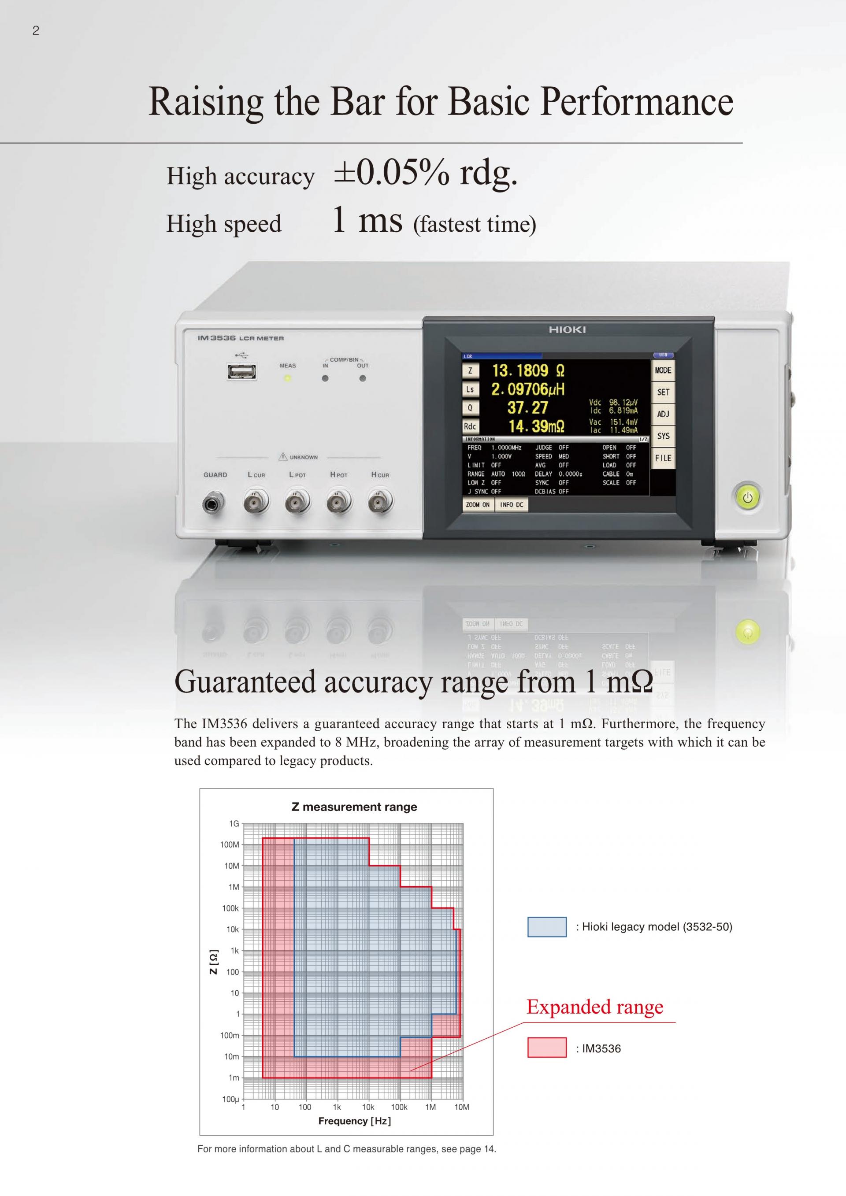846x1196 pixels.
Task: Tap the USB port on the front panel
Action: [241, 371]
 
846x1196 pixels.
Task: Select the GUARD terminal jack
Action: [214, 503]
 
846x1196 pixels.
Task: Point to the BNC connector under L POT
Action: [297, 502]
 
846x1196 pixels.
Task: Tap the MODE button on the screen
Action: [663, 370]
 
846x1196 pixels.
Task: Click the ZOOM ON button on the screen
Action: [478, 505]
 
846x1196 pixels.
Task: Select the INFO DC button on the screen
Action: [512, 505]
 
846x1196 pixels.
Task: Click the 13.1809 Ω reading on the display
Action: [528, 370]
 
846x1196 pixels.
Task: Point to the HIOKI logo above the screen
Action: [567, 330]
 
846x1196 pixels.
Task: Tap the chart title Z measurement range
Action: [354, 807]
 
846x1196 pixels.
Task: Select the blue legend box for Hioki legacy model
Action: [546, 927]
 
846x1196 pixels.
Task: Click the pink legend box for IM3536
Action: [546, 1048]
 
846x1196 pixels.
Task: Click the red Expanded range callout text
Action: [595, 1007]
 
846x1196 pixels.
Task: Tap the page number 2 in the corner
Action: [35, 31]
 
